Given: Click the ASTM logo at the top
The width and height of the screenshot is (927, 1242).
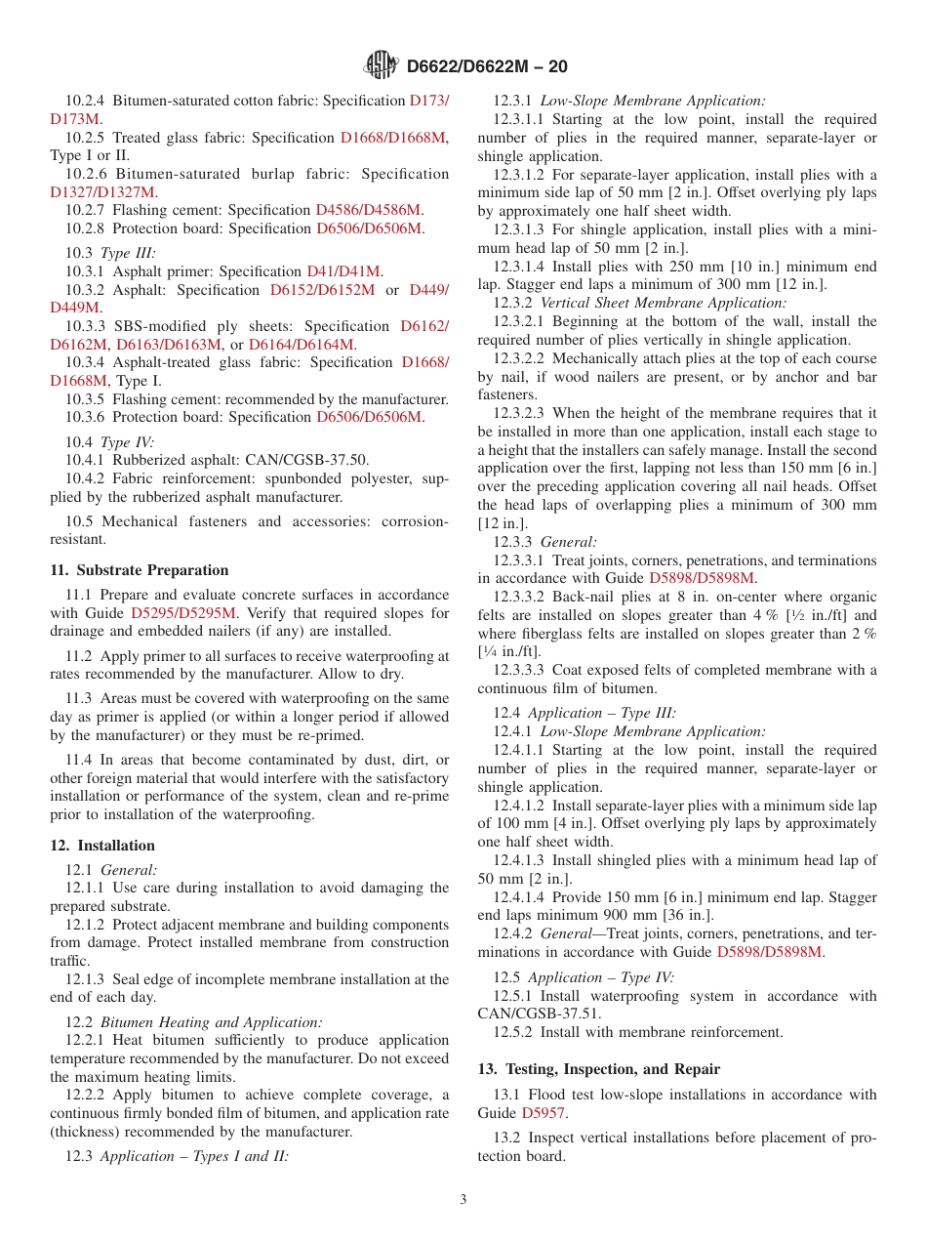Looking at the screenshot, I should [x=381, y=66].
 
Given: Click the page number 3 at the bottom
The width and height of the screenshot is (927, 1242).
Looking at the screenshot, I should [x=463, y=1199].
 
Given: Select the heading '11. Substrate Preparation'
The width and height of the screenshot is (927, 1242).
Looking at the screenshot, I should [x=140, y=570].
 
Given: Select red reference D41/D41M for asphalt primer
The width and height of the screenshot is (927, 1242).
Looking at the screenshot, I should [x=344, y=271].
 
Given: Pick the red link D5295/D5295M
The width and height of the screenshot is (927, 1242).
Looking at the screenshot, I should [x=183, y=613].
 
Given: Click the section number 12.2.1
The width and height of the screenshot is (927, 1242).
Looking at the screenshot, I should [x=87, y=1041].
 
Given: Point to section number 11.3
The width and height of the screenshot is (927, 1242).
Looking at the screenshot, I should [x=78, y=699].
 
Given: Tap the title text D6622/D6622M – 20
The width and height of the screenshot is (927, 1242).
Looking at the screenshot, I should [x=486, y=66].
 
